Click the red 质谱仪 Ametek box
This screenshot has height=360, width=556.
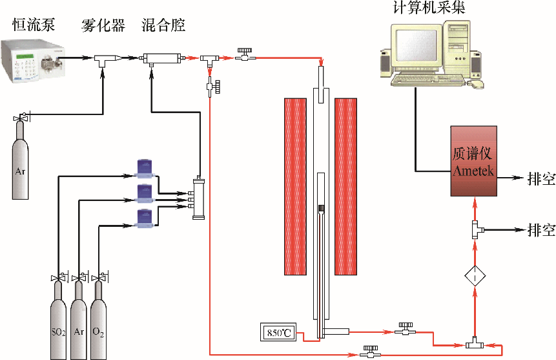tap(474, 162)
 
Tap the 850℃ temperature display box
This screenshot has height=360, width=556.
tap(278, 333)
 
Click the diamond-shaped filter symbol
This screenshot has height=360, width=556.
tap(475, 277)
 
